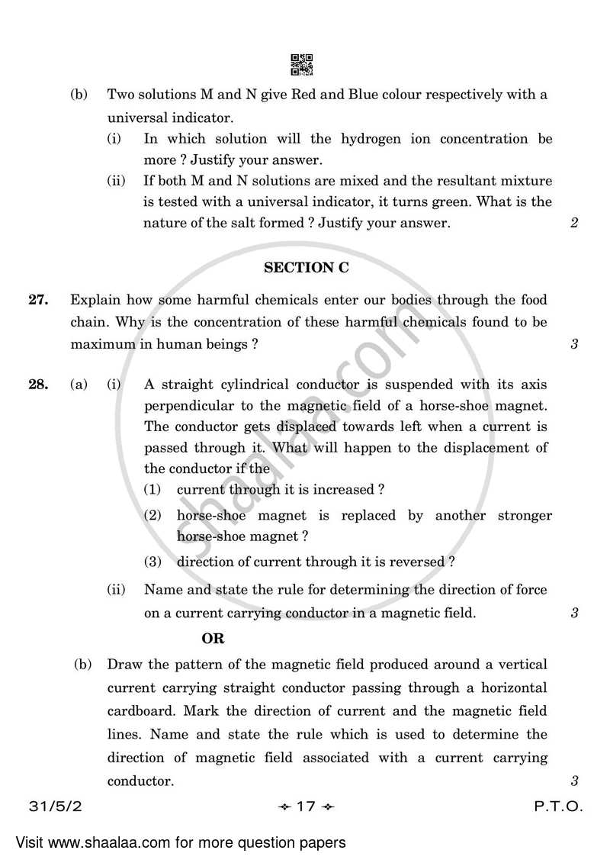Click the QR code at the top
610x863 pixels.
coord(303,65)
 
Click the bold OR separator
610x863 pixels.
coord(213,638)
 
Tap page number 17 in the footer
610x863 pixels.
coord(305,807)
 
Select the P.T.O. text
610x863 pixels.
coord(561,807)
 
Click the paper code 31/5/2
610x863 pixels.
coord(50,807)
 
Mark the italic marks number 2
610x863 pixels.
coord(573,224)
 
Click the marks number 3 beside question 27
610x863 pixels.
coord(573,344)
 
